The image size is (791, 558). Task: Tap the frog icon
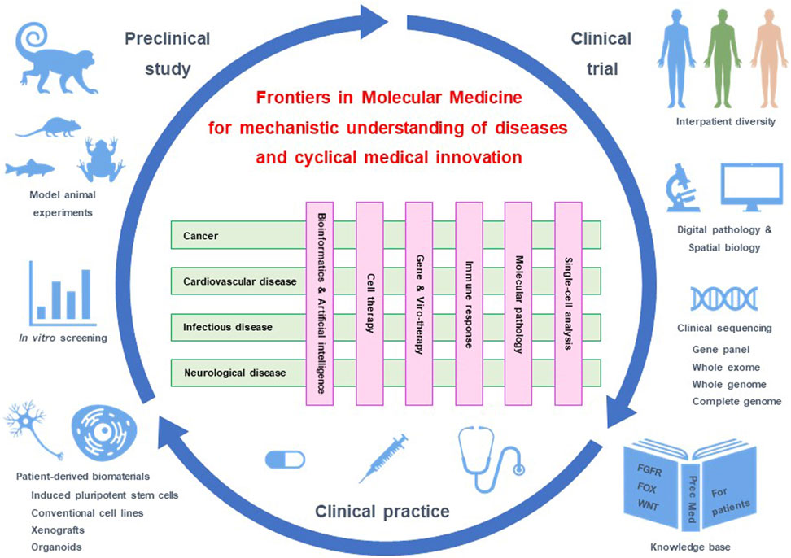click(x=101, y=158)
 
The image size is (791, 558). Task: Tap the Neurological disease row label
click(x=234, y=373)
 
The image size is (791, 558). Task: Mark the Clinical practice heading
click(x=382, y=512)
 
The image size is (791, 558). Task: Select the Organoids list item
click(x=56, y=547)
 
